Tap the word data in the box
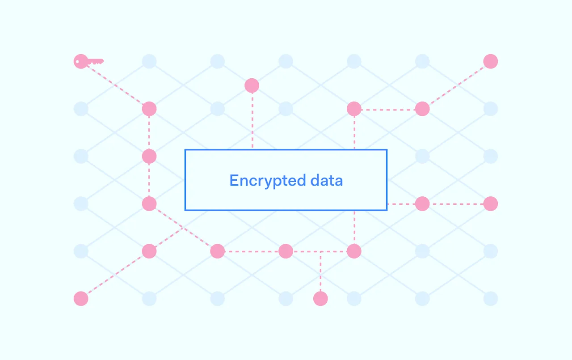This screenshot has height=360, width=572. pyautogui.click(x=326, y=180)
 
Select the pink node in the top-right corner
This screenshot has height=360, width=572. pyautogui.click(x=490, y=61)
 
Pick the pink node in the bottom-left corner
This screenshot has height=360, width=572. pyautogui.click(x=81, y=298)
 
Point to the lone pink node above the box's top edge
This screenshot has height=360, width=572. pyautogui.click(x=252, y=85)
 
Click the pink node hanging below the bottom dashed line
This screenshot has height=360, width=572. pyautogui.click(x=320, y=298)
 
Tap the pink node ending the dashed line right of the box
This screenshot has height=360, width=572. pyautogui.click(x=490, y=204)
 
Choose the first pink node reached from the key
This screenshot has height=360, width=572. pyautogui.click(x=149, y=109)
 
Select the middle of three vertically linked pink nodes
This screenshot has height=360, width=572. pyautogui.click(x=149, y=156)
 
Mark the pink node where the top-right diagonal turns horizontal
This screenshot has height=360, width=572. pyautogui.click(x=422, y=109)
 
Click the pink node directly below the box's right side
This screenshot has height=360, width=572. pyautogui.click(x=354, y=251)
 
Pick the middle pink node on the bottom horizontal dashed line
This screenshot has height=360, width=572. pyautogui.click(x=286, y=251)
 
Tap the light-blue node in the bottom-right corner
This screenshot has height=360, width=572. pyautogui.click(x=490, y=298)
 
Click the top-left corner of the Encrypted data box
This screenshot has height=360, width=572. pyautogui.click(x=185, y=150)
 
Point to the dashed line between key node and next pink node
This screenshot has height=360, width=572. pyautogui.click(x=115, y=85)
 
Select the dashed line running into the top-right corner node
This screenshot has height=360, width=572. pyautogui.click(x=456, y=85)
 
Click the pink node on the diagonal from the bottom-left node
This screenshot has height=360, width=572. pyautogui.click(x=149, y=251)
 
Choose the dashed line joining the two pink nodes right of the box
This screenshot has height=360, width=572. pyautogui.click(x=456, y=204)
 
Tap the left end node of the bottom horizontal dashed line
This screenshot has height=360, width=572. pyautogui.click(x=217, y=251)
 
